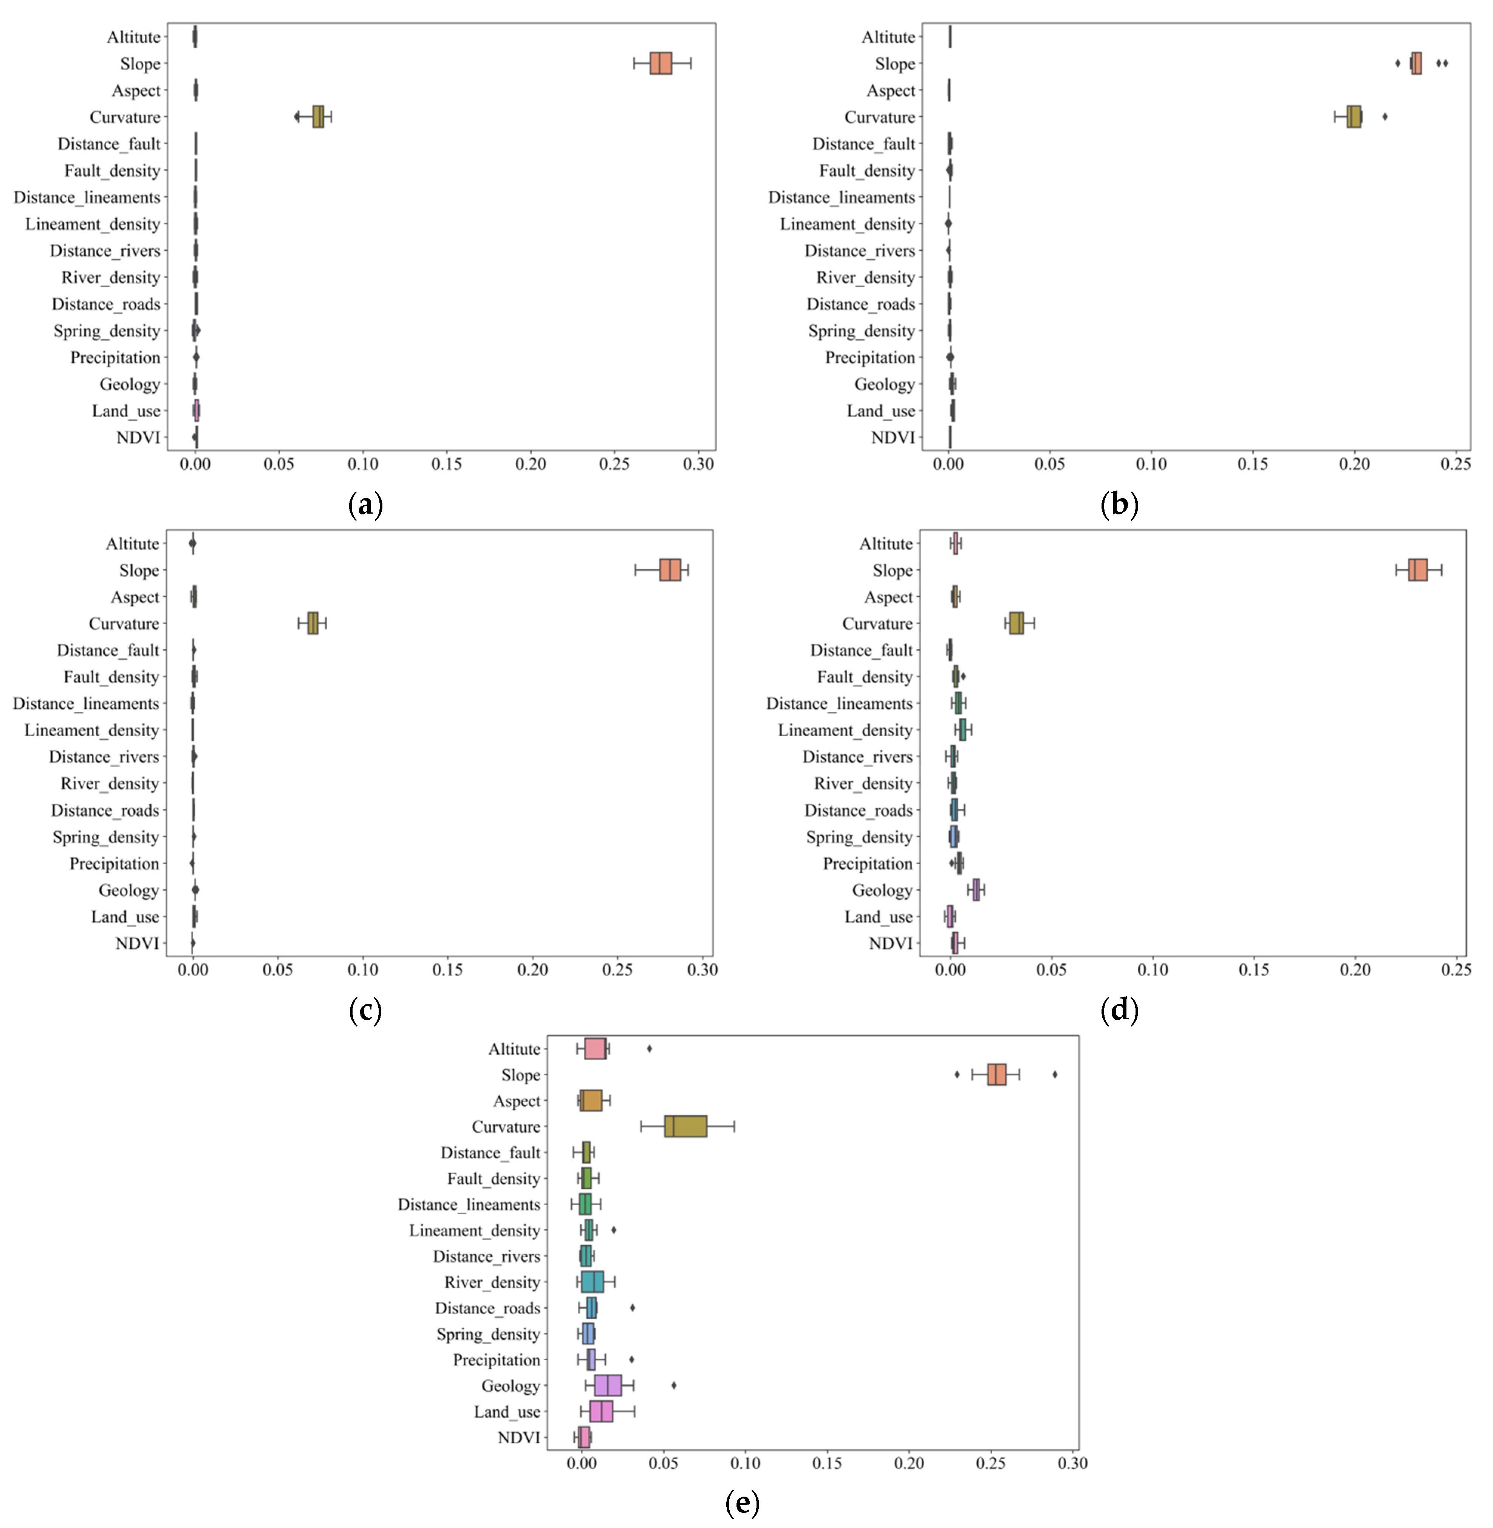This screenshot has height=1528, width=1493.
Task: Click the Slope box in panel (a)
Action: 660,63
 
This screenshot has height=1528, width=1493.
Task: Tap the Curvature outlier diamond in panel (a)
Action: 296,117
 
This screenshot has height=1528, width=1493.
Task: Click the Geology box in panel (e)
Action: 608,1385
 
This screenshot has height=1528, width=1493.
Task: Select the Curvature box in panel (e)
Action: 685,1126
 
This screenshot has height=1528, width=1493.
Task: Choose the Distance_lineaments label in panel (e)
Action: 469,1204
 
